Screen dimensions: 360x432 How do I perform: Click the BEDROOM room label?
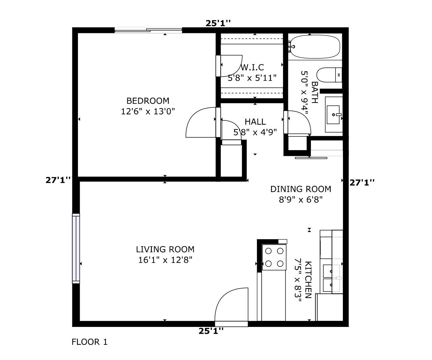(148, 101)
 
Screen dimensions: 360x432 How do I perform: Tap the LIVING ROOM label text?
(165, 249)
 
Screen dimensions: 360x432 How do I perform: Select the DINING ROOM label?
(300, 189)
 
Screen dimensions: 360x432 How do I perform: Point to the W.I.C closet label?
(252, 67)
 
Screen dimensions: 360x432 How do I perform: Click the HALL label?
(255, 121)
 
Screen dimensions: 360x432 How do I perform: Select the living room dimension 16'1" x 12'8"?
(165, 260)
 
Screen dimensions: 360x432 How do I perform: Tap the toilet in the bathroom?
(329, 75)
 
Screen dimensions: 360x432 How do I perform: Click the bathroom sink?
(333, 114)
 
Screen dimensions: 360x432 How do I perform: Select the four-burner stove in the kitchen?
(274, 257)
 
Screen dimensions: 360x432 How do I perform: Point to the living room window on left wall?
(76, 248)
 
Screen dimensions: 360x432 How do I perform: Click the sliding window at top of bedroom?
(148, 30)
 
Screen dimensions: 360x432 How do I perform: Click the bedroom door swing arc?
(200, 123)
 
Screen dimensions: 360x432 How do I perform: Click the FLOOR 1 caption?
(89, 342)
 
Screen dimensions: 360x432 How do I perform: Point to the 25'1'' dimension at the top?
(218, 23)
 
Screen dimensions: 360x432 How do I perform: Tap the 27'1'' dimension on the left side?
(58, 180)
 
